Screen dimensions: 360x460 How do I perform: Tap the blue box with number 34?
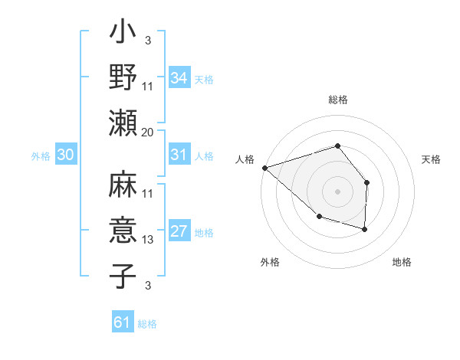point(179,77)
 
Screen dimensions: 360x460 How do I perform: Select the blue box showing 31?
point(179,155)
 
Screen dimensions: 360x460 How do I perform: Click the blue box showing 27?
point(179,232)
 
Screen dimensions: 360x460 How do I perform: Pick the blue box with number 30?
point(65,155)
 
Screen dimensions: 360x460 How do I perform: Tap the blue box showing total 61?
point(122,322)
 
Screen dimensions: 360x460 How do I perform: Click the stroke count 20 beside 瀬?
point(148,132)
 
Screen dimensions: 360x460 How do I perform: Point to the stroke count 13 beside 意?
point(148,240)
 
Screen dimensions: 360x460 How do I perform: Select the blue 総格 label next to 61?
point(147,324)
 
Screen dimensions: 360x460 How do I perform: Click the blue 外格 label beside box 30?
point(41,156)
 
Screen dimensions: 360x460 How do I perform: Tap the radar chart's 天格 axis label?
point(432,159)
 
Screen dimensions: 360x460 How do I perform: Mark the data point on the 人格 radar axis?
point(264,167)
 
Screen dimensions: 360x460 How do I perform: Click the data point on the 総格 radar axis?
point(337,146)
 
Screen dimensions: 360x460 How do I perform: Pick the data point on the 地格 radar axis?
point(365,229)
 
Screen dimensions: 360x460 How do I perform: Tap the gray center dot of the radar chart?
point(337,191)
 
